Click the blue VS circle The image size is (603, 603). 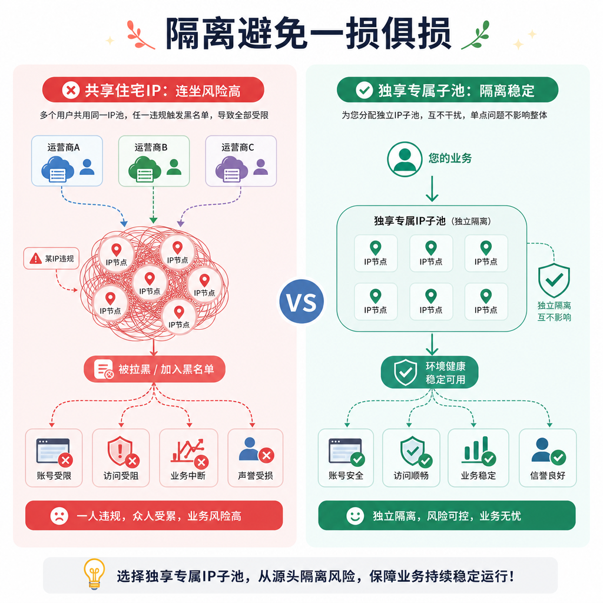pos(302,301)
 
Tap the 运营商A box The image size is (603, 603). pos(67,161)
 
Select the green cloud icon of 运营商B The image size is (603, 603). pos(144,169)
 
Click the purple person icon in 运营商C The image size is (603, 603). pos(261,167)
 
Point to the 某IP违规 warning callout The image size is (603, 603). pos(51,259)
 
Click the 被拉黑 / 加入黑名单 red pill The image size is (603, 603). pos(154,369)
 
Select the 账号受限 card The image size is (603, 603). pos(54,458)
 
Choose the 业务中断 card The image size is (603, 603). pos(188,458)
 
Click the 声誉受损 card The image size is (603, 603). pos(256,458)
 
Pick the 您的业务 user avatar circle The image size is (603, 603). pos(405,159)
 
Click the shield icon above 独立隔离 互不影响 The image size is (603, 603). pos(554,280)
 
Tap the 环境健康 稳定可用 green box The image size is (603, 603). pos(429,372)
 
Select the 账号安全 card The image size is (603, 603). pos(346,458)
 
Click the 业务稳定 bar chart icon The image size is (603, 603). pos(478,450)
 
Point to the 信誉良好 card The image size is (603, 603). pos(548,458)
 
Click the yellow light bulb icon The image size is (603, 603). pos(94,574)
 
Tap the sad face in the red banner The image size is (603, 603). pos(59,516)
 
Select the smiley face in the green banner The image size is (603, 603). pos(355,516)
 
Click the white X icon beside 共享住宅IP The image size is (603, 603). pos(71,90)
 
